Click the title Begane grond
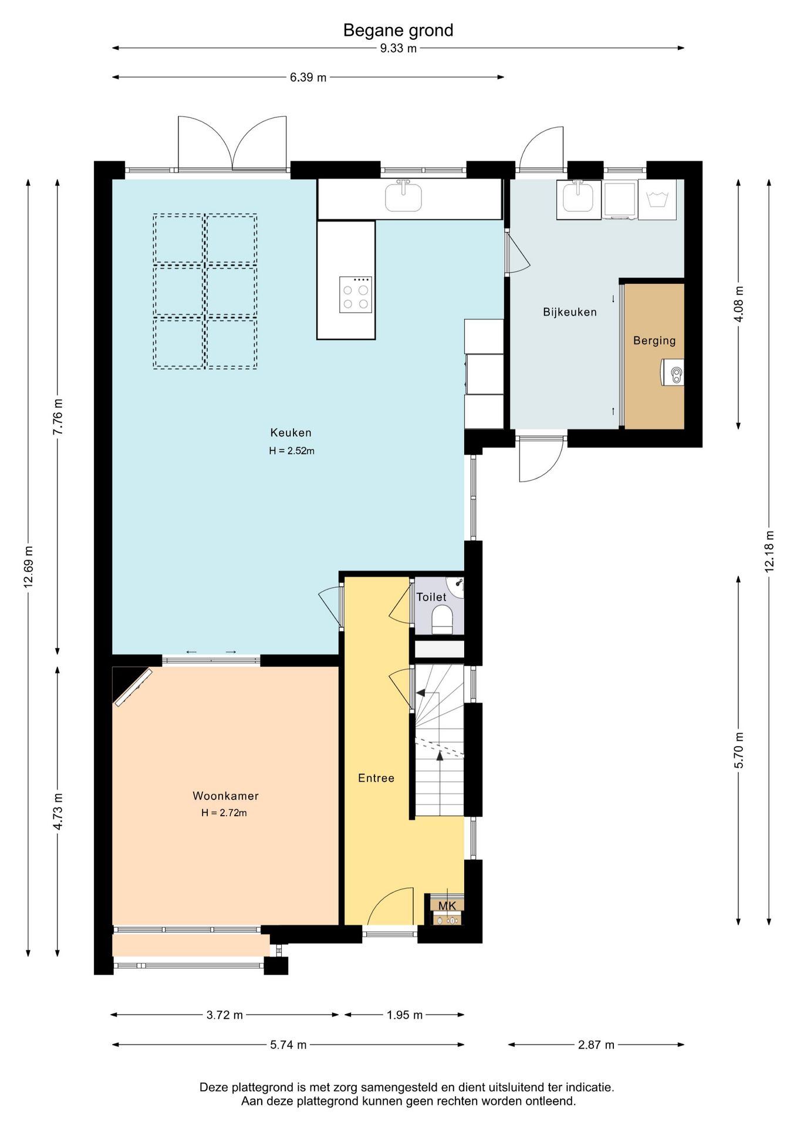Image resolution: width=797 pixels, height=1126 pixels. point(398,30)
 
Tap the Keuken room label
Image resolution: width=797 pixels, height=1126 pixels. point(291,433)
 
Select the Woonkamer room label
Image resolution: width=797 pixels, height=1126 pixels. point(225,796)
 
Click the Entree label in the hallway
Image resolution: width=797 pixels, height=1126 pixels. point(376,778)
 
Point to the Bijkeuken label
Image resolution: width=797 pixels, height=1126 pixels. point(570,313)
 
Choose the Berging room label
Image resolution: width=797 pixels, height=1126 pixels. point(654,341)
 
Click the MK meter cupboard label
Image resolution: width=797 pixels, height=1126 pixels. point(447,906)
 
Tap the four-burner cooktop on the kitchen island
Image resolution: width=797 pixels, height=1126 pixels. point(356,294)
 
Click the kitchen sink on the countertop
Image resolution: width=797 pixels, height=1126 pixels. point(403,196)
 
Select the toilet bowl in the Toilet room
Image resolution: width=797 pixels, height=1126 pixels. point(443,620)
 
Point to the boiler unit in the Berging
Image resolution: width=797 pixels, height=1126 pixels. point(673,372)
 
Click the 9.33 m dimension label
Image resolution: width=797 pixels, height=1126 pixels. point(398,48)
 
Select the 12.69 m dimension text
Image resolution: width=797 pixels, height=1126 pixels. point(28,567)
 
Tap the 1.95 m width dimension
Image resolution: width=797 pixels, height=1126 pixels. point(404,1015)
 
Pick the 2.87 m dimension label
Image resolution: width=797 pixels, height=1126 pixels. point(596,1045)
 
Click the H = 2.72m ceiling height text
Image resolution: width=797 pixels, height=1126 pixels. point(224,813)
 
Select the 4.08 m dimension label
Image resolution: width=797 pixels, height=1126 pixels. point(739,304)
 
